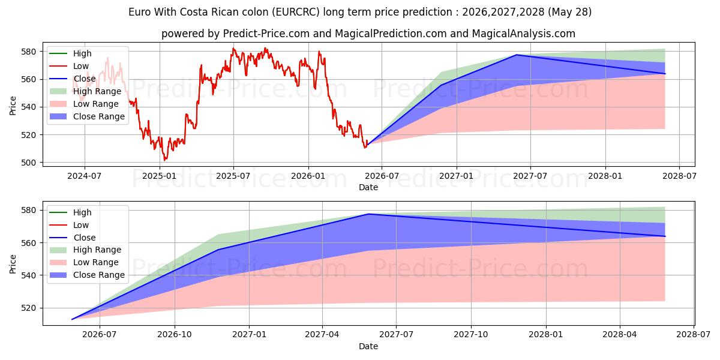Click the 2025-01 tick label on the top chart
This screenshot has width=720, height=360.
(160, 176)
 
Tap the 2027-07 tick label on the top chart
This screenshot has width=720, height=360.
(530, 176)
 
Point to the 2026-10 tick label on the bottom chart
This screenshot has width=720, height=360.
(175, 335)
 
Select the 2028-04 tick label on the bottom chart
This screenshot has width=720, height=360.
(620, 335)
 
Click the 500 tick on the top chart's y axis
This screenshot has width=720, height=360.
(28, 163)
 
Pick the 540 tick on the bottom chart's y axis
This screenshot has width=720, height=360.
(28, 275)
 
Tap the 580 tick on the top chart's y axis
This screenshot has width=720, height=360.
(28, 52)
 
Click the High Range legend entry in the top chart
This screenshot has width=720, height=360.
(85, 91)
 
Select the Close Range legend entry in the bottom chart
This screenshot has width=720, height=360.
(87, 275)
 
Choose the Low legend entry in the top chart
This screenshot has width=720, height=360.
(69, 66)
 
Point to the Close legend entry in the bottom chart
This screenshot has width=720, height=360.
(73, 238)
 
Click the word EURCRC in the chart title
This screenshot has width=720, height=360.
(296, 12)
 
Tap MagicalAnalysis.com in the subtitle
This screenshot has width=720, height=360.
(524, 34)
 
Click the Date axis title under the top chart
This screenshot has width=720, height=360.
(368, 187)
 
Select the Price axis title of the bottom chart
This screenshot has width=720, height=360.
(13, 264)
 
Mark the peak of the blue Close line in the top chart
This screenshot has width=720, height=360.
(517, 55)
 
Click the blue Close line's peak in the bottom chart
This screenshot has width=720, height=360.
(368, 214)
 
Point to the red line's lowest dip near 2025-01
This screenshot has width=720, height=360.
(164, 160)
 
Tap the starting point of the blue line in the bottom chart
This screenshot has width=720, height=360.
(71, 319)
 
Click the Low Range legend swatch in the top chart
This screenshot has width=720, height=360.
(58, 104)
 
